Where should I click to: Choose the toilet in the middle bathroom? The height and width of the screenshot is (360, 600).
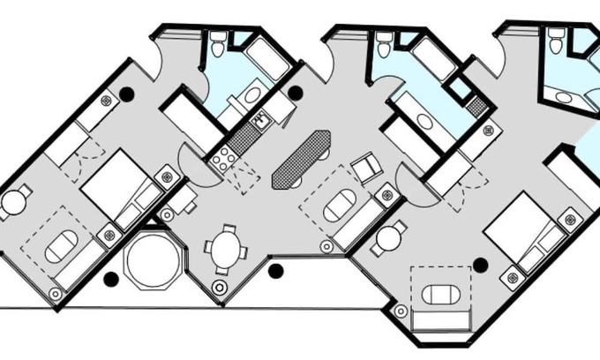384,41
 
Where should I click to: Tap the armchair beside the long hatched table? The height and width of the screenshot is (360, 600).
364,167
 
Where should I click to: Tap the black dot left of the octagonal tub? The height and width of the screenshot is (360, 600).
110,279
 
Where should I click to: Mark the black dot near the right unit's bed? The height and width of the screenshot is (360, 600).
480,264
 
